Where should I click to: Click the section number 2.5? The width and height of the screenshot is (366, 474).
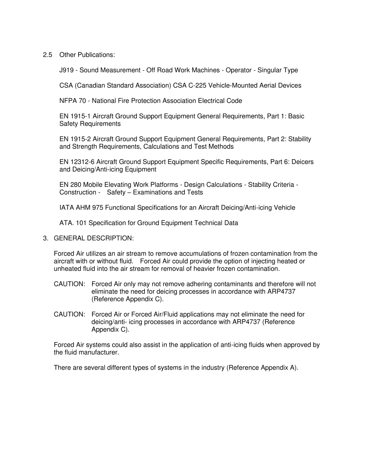[x=47, y=55]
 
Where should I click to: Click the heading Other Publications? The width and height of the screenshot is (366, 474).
[x=87, y=55]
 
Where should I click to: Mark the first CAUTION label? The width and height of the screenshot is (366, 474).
[x=69, y=284]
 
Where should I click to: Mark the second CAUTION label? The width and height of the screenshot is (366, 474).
[x=69, y=315]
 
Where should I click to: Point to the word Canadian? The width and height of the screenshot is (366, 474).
[x=89, y=86]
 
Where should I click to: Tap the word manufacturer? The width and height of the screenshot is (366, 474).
[x=100, y=353]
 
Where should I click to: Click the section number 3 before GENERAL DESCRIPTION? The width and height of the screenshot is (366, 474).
[x=45, y=239]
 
